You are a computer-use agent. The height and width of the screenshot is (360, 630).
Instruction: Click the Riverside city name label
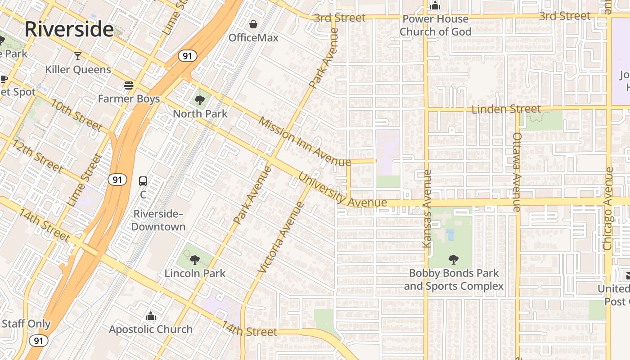pos(69,29)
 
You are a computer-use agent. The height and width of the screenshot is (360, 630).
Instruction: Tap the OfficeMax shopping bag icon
pos(254,24)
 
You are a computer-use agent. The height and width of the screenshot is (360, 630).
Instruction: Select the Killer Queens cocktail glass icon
pos(78,56)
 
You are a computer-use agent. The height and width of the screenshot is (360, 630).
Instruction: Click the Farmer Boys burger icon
pos(129,85)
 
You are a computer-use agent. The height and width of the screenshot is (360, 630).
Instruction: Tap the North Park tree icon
pos(200,100)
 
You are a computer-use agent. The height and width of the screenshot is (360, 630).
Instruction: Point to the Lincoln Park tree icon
pos(194,260)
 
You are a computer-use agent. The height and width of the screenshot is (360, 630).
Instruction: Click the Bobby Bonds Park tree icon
pos(454,260)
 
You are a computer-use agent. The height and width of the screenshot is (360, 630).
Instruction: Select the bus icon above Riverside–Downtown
pos(143,181)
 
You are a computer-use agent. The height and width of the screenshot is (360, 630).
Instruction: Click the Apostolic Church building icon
pos(151,316)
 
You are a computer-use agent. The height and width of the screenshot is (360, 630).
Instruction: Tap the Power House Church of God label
pos(435,25)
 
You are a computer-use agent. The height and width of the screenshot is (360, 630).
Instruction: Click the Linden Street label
pos(506,109)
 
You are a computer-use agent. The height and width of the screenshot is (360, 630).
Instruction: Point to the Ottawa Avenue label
pos(517,172)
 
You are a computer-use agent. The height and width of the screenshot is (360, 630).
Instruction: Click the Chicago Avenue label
pos(608,209)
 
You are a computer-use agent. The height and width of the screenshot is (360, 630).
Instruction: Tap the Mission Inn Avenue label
pos(304,142)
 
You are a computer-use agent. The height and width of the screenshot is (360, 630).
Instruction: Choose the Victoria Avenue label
pos(281,237)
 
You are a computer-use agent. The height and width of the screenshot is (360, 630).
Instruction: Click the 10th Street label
pos(76,115)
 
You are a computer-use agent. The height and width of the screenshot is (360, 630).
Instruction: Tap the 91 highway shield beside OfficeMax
pos(187,56)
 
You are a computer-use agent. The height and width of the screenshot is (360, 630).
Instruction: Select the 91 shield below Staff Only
pos(39,341)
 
